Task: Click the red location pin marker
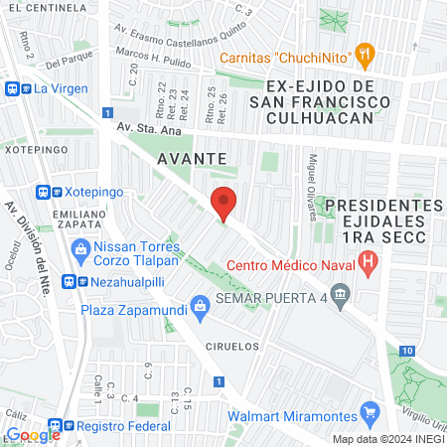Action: [224, 203]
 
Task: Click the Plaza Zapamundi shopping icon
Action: [201, 305]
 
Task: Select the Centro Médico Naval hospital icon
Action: [369, 264]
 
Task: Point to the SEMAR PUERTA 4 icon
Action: [341, 294]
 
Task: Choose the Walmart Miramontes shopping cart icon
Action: [371, 410]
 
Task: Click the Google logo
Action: [33, 434]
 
